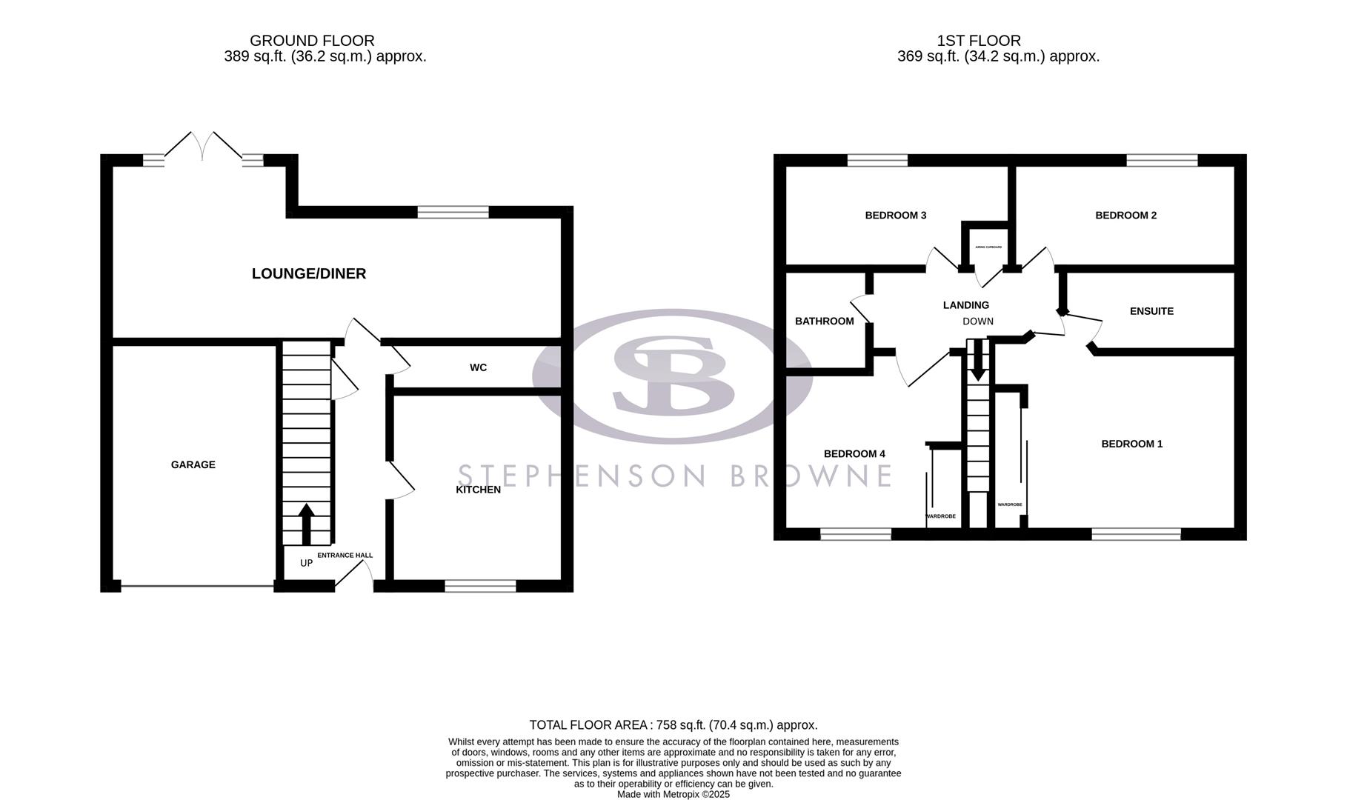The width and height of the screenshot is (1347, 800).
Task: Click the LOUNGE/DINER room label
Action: click(308, 273)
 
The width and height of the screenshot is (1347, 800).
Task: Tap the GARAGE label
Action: click(193, 464)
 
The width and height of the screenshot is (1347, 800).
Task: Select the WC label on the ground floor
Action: click(478, 367)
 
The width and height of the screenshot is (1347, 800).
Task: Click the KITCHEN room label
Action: click(478, 490)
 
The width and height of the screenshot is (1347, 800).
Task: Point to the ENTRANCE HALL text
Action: click(345, 555)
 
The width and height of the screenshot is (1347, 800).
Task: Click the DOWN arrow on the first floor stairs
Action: click(978, 361)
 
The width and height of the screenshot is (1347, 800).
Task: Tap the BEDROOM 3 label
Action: click(895, 216)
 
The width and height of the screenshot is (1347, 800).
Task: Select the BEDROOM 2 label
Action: click(1125, 216)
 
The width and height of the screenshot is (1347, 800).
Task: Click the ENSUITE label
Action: click(1151, 311)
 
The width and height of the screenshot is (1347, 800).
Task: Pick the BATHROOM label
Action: click(824, 321)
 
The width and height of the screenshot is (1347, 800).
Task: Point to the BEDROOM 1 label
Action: click(1131, 444)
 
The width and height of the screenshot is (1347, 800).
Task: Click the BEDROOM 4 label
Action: click(854, 453)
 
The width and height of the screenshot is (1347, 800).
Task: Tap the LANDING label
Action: click(965, 305)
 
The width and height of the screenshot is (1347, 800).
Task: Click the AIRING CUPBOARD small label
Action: click(988, 247)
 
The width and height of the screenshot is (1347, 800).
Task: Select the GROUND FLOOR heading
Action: click(312, 41)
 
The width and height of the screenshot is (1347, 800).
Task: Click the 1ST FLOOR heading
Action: click(978, 41)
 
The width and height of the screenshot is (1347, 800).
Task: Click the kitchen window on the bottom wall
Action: click(480, 586)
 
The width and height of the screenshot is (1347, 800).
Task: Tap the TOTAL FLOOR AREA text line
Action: click(673, 725)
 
